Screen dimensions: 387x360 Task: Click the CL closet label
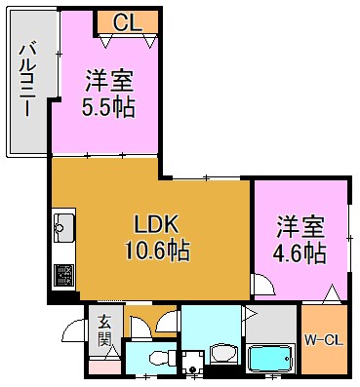point(125,21)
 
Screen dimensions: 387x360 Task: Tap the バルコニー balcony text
point(28,78)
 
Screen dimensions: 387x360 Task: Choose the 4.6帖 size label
point(300,252)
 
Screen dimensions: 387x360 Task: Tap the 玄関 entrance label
point(104,332)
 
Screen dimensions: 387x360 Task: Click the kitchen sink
point(63,227)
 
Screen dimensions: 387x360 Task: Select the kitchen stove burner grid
point(63,275)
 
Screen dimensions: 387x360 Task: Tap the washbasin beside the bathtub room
point(222,355)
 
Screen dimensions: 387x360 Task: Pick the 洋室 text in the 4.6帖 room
point(300,224)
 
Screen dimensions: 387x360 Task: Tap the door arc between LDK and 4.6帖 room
point(261,284)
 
